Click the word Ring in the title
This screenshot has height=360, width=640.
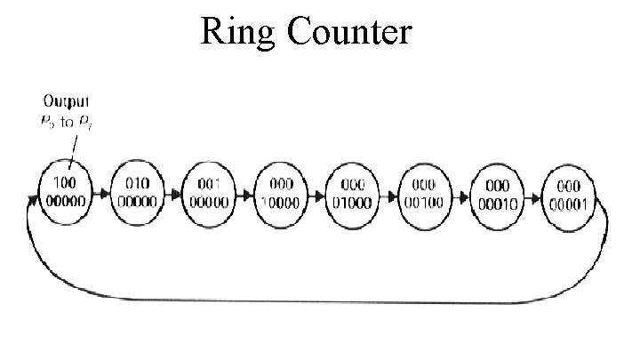tap(232, 32)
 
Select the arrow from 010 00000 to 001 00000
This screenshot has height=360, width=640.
tap(173, 193)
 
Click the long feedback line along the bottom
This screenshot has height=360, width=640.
tap(320, 300)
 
